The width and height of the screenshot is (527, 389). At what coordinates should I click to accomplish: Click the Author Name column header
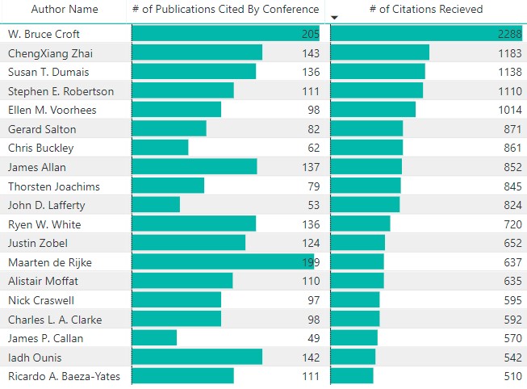coord(65,10)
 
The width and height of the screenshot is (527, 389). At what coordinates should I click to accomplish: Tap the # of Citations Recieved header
coord(426,10)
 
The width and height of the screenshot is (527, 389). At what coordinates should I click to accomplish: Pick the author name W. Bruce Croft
coord(44,34)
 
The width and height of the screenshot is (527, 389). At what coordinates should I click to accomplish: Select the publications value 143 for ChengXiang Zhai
coord(309,53)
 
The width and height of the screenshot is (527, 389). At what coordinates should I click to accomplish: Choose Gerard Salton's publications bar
coord(169,129)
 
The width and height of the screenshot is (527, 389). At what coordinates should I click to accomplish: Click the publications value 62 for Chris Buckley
coord(313,148)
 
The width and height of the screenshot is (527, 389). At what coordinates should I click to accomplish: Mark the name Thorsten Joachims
coord(53,186)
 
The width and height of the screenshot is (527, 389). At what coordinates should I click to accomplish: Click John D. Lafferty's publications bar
coord(156,205)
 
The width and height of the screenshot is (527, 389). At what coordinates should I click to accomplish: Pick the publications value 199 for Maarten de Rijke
coord(309,262)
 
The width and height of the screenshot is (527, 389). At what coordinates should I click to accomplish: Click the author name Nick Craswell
coord(42,300)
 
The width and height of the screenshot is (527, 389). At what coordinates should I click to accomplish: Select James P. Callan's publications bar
coord(154,338)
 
